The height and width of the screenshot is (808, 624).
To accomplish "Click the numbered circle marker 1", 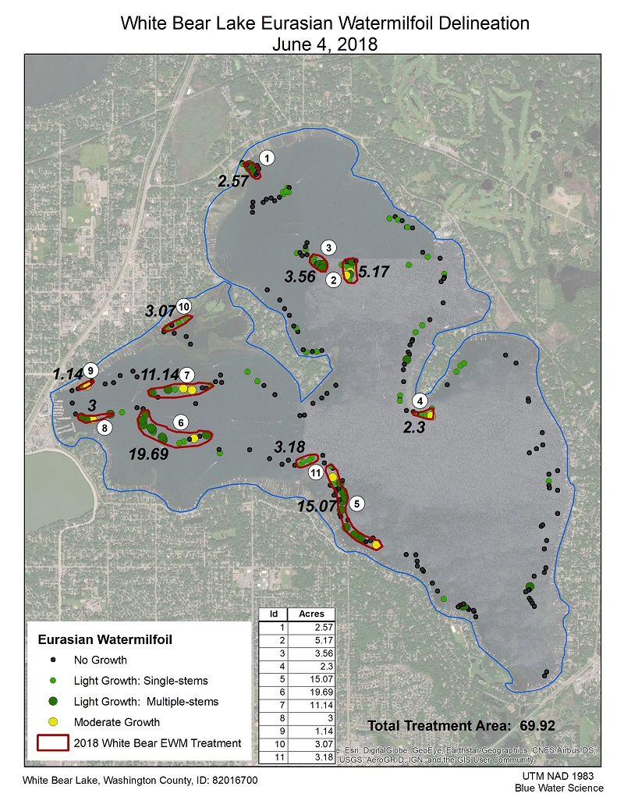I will [268, 158].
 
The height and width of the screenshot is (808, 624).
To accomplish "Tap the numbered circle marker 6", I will [181, 422].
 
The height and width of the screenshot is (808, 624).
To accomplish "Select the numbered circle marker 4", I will [421, 400].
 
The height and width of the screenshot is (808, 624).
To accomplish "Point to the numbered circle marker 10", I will [184, 305].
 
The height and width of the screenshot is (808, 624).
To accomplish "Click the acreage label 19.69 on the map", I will [149, 454].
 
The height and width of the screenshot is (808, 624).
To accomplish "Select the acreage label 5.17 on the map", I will [372, 272].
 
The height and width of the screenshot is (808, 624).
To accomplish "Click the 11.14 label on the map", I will [159, 374].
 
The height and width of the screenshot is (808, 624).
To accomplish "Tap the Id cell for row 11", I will [273, 756].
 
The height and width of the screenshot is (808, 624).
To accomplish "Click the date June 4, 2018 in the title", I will [324, 44].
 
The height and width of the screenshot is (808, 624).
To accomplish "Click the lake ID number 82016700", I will [230, 780].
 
